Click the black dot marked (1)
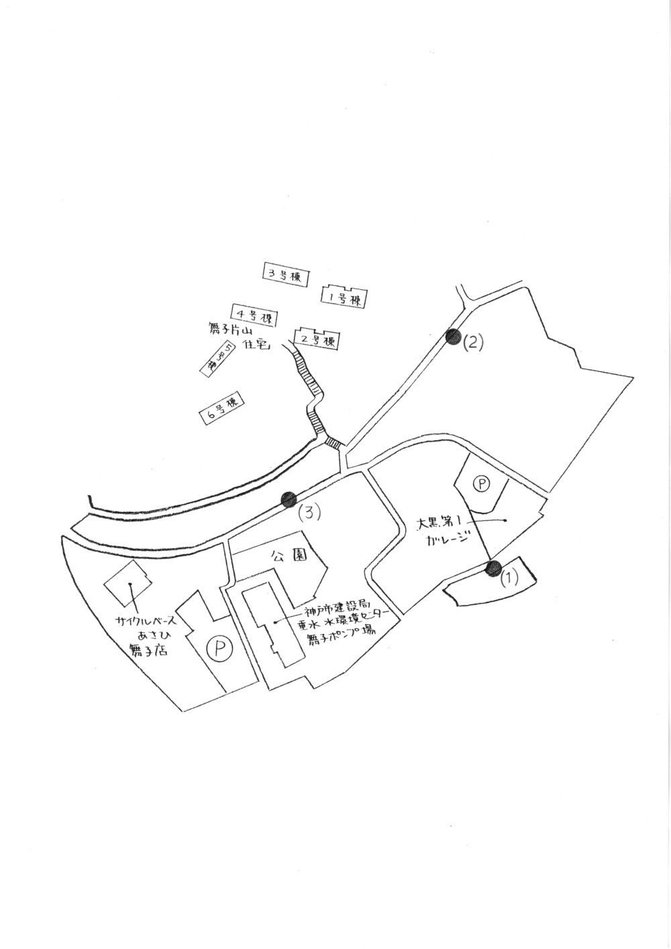point(494,569)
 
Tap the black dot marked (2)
point(453,337)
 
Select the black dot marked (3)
point(289,499)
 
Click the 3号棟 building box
point(285,274)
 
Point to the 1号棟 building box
point(347,297)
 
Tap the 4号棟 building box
point(255,315)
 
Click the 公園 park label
point(289,556)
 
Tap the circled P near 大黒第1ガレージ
point(481,483)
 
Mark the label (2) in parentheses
point(473,343)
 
